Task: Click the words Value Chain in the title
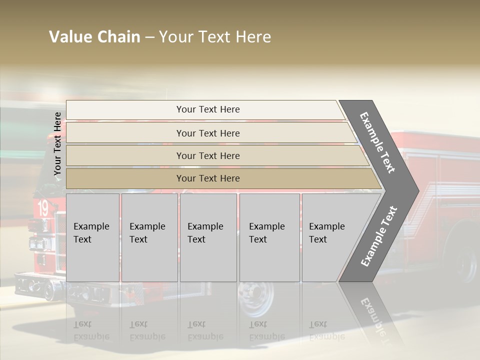coord(94,37)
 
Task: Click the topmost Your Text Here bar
coord(207,109)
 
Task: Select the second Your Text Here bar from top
coord(207,133)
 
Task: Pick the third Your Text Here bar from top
coord(207,155)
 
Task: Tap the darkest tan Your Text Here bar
coord(207,178)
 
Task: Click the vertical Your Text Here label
coord(57,143)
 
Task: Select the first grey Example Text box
coord(92,237)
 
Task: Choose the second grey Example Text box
coord(149,237)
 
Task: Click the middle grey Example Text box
coord(208,237)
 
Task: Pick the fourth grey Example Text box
coord(269,237)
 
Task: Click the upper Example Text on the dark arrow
coord(378,142)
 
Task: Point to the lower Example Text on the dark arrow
coord(379,236)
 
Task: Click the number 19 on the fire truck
coord(43,207)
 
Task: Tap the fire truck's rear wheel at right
coord(465,260)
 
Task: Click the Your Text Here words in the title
coord(215,37)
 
